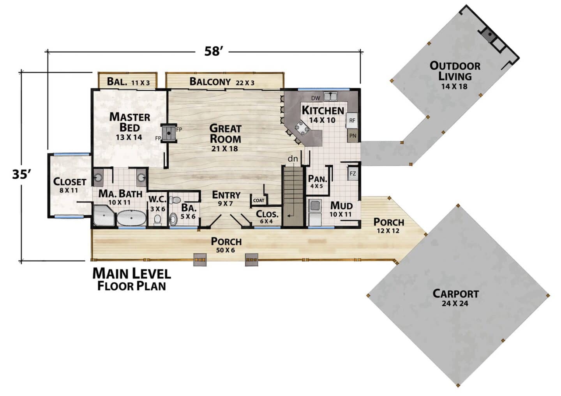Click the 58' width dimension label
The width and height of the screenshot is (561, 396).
(212, 51)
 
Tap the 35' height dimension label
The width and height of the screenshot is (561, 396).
(21, 174)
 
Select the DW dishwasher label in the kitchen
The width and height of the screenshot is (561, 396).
(316, 98)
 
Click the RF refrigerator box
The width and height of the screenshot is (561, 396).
(352, 120)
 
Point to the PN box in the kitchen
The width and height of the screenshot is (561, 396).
(352, 136)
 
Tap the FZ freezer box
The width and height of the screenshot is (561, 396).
(353, 174)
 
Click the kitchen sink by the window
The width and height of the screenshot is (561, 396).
(330, 97)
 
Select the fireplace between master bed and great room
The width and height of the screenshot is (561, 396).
(169, 133)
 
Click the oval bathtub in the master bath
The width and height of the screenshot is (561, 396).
(132, 218)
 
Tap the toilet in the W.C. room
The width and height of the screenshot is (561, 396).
(157, 220)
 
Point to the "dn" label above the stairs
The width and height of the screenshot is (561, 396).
(293, 158)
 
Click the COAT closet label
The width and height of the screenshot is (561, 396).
(259, 200)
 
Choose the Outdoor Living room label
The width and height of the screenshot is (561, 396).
(455, 76)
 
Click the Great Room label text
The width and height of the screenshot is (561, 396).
(225, 138)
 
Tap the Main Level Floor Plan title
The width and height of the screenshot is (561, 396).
(132, 279)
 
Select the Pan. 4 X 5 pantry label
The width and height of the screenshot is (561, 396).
(317, 181)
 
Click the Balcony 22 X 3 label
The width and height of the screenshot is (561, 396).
(222, 82)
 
